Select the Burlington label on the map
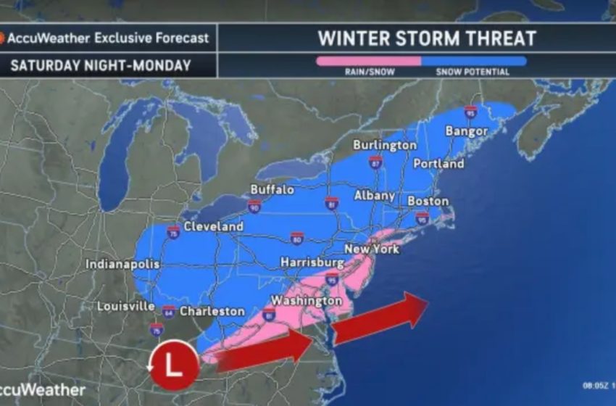pos(386,145)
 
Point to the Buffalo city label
pos(272,189)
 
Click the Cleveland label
pos(214,227)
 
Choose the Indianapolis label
pos(122,264)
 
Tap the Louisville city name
pos(125,307)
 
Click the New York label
pos(372,249)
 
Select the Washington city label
pos(306,300)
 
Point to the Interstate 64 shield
pos(168,312)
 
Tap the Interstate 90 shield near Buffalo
pos(254,207)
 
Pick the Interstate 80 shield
pos(296,238)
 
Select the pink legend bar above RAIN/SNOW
pos(368,61)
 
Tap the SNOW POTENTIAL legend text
pos(473,72)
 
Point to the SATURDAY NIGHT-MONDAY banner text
pos(101,65)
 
